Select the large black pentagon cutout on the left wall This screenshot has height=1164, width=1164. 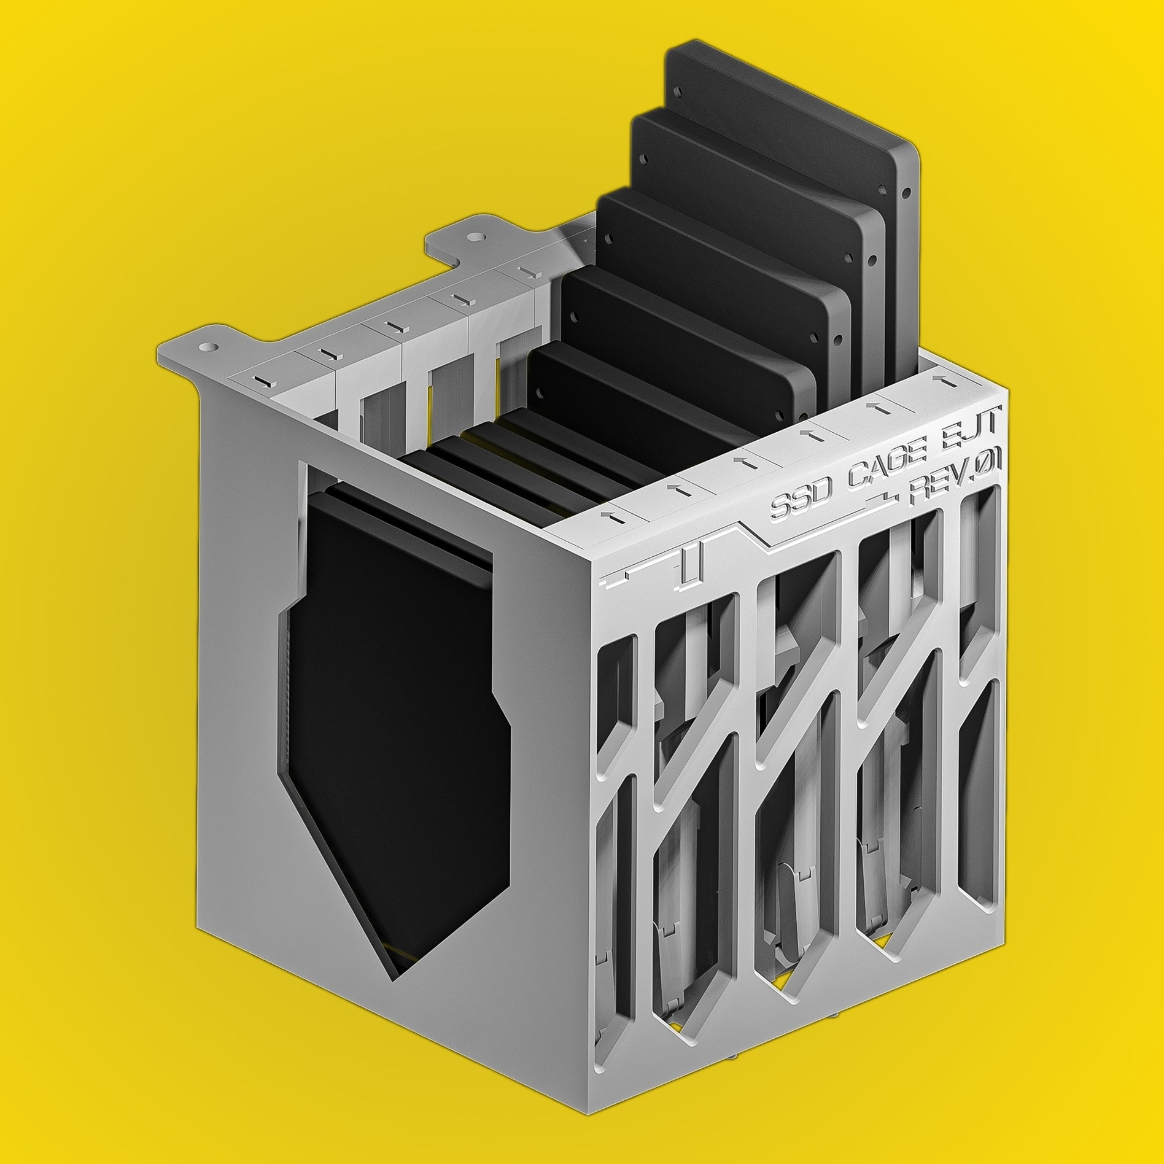click(393, 706)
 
